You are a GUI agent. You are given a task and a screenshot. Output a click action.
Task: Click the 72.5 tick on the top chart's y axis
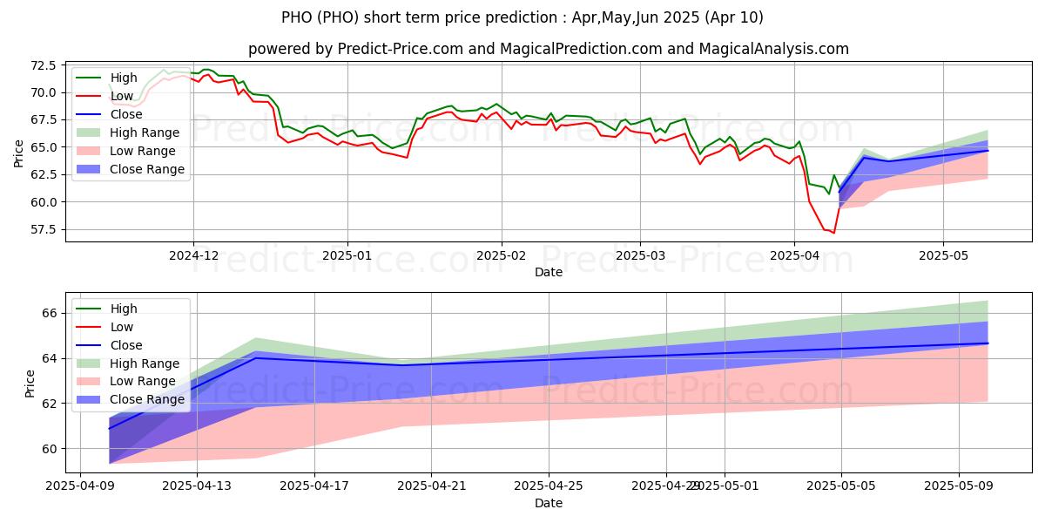(43, 65)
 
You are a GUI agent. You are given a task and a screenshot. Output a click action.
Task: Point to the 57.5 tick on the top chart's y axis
(43, 229)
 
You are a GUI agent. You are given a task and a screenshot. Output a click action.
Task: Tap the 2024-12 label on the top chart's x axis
(192, 257)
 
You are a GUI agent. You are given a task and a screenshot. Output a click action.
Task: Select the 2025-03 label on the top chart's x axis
(640, 257)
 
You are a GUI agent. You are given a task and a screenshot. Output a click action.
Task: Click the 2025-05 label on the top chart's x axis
(943, 257)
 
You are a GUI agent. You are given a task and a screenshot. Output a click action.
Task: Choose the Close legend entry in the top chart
(127, 114)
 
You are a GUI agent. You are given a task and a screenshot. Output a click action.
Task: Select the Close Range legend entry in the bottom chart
(147, 399)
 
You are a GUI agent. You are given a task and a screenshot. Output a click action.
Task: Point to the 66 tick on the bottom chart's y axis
(51, 313)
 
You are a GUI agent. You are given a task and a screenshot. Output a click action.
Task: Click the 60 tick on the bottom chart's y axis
(51, 449)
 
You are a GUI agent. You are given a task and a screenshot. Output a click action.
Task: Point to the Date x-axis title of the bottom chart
(549, 504)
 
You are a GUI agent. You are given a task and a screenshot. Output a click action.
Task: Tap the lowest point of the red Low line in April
(833, 233)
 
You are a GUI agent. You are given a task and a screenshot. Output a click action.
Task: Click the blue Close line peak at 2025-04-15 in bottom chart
(255, 358)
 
